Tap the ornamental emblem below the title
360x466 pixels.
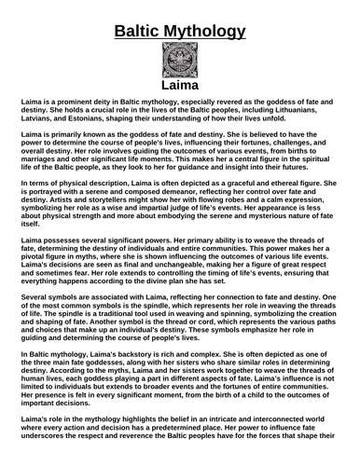coord(180,61)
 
